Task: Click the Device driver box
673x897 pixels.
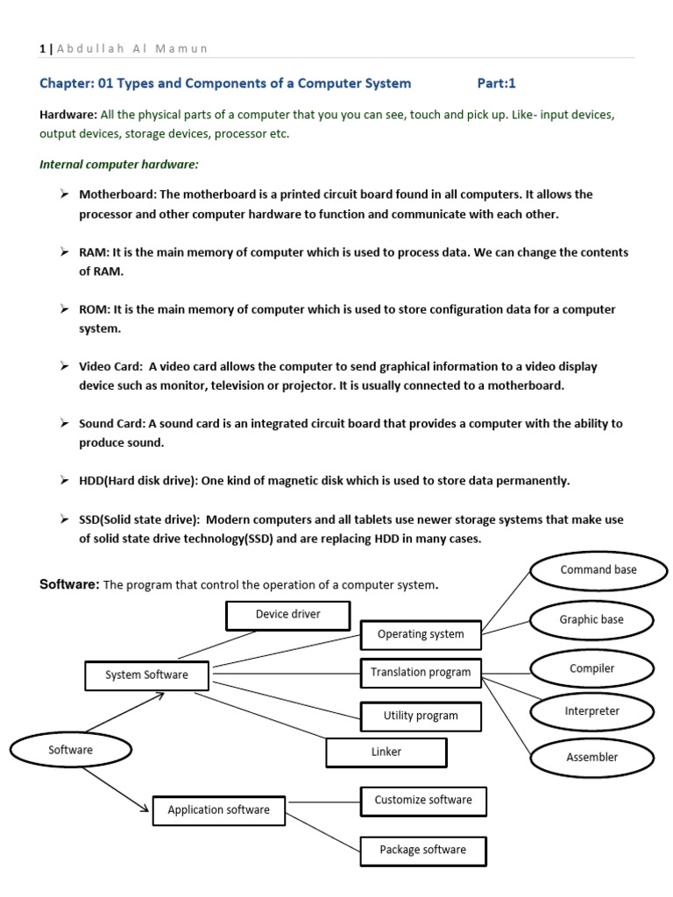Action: coord(287,615)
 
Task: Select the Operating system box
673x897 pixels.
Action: coord(421,634)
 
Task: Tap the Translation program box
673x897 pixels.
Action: coord(421,673)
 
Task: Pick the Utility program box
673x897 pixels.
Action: coord(421,716)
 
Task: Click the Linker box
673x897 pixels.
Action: coord(386,752)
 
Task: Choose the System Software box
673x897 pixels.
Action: coord(146,675)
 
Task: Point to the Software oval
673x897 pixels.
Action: coord(70,750)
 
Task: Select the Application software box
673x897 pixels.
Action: coord(218,810)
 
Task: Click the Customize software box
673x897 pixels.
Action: coord(423,801)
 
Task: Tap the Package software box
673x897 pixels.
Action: coord(423,851)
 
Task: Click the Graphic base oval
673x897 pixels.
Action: coord(592,620)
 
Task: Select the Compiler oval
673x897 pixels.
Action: coord(592,669)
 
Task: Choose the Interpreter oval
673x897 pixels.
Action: coord(592,711)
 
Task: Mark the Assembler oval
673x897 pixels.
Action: coord(592,758)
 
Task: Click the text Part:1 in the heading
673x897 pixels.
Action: coord(497,83)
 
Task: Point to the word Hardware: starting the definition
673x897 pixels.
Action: coord(68,115)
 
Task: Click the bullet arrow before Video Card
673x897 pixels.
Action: coord(65,365)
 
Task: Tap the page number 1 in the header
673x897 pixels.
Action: coord(42,48)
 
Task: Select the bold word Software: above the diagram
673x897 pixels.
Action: coord(70,584)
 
